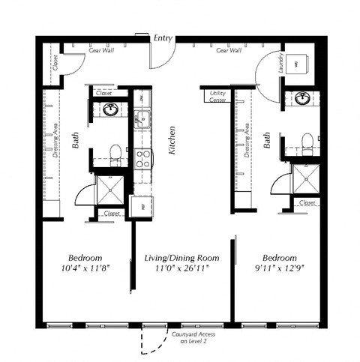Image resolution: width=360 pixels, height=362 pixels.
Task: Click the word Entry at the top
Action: click(x=163, y=37)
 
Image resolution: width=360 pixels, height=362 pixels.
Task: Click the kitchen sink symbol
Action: click(x=142, y=118)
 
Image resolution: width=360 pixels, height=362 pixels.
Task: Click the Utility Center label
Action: click(x=218, y=97)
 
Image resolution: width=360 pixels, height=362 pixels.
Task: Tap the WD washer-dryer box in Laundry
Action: click(x=295, y=65)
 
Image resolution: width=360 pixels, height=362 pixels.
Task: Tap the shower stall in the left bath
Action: click(x=112, y=190)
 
